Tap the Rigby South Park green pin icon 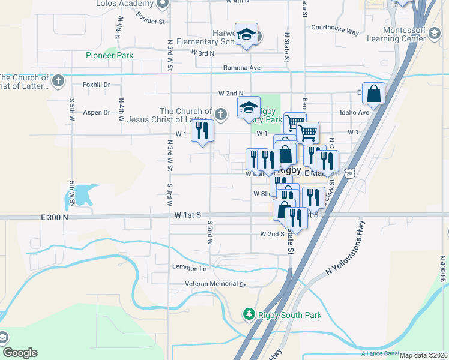pyautogui.click(x=249, y=314)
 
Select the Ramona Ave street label pyautogui.click(x=241, y=68)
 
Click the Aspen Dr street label pyautogui.click(x=97, y=112)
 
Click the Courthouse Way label pyautogui.click(x=334, y=28)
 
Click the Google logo pyautogui.click(x=19, y=353)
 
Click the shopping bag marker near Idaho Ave pyautogui.click(x=373, y=95)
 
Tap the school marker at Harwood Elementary pyautogui.click(x=246, y=35)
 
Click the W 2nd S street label pyautogui.click(x=271, y=234)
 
